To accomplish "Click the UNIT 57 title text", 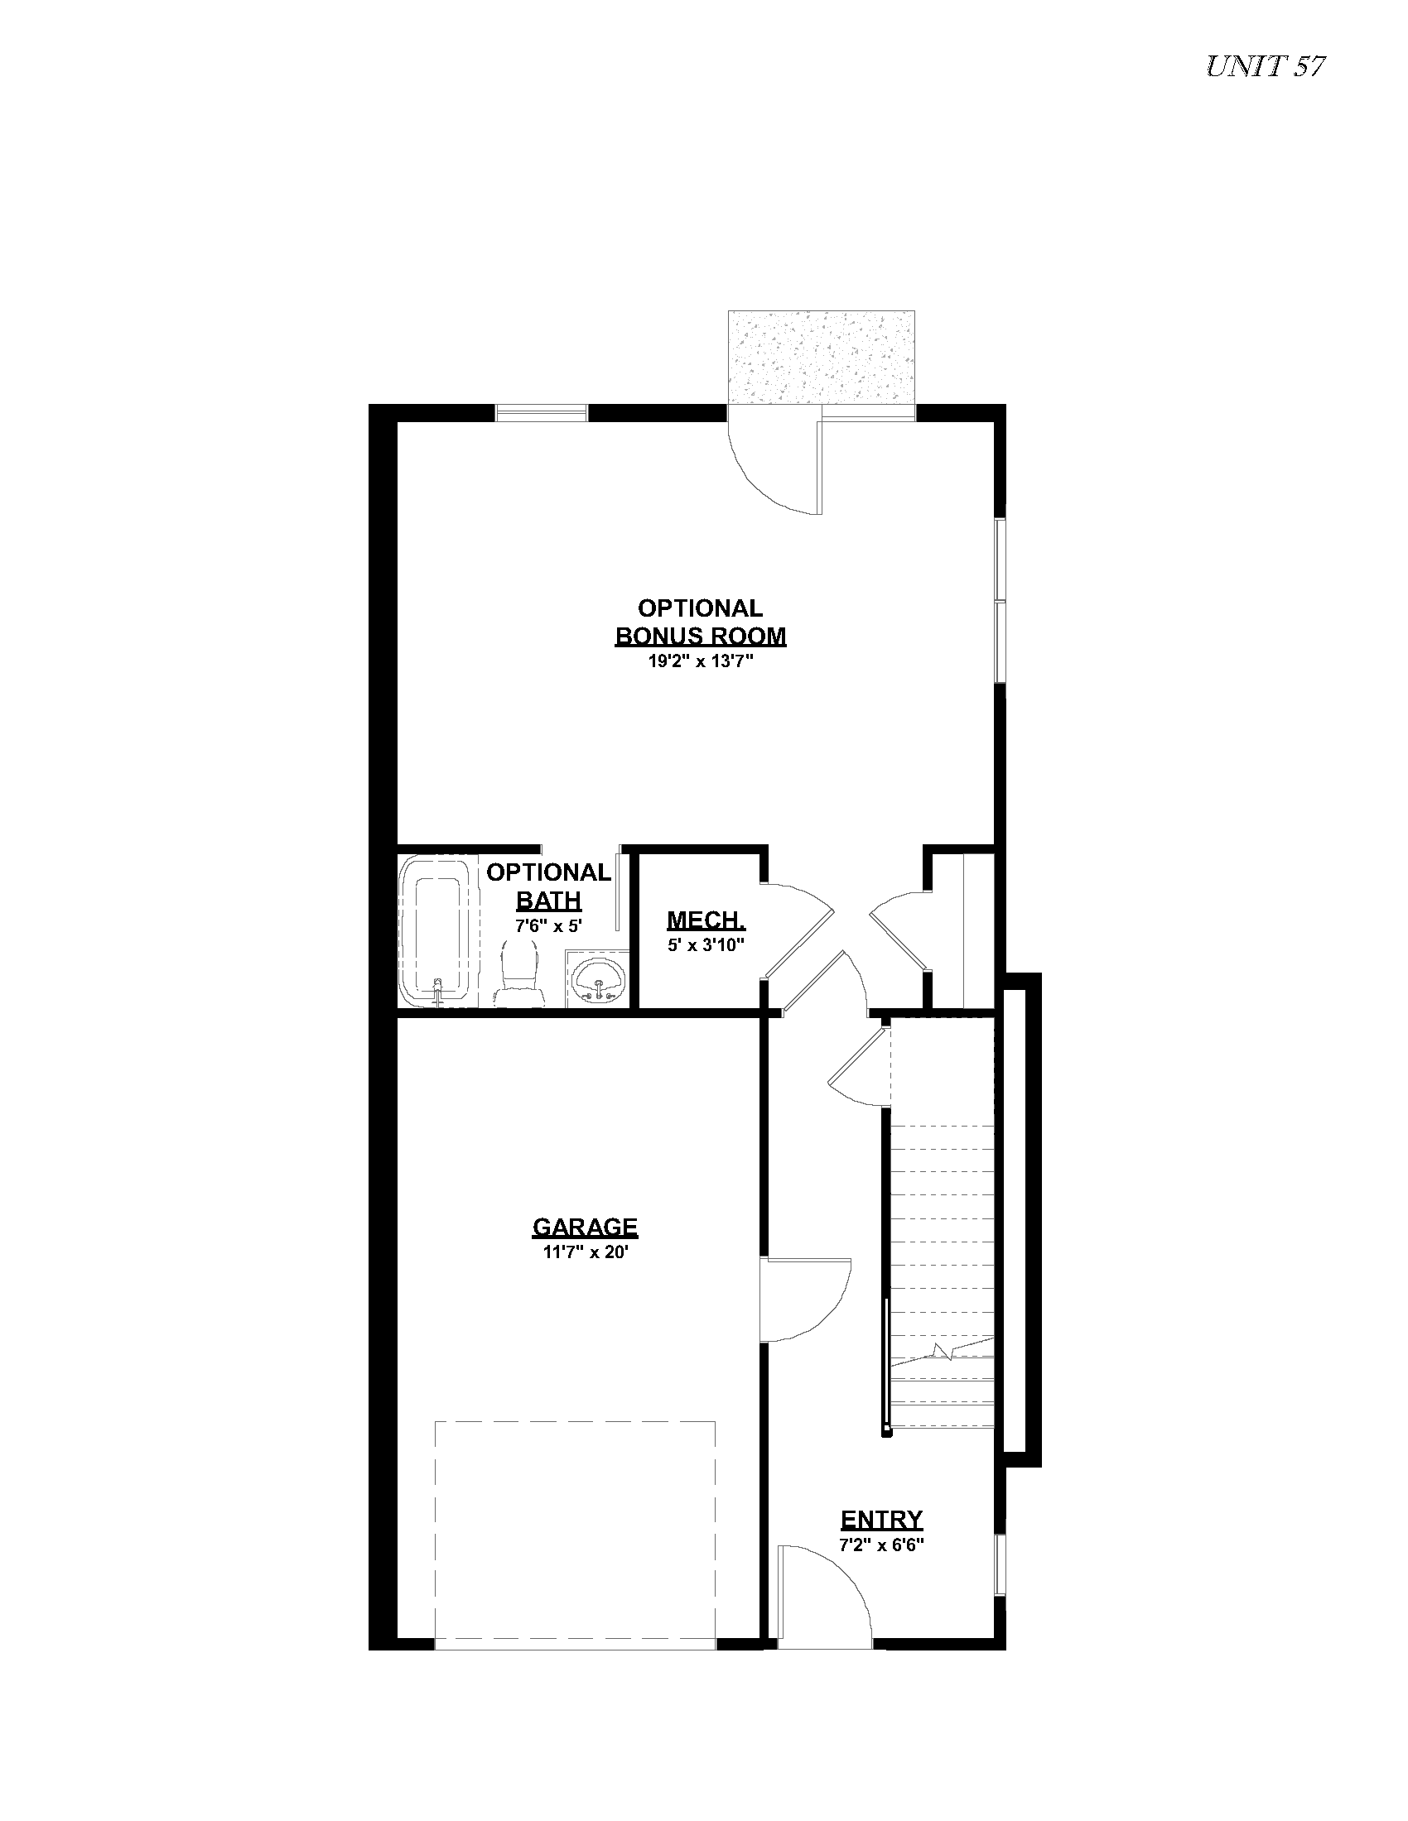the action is coord(1266,67).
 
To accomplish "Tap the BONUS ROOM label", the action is coord(701,637).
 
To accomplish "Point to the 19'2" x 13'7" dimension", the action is coord(701,662).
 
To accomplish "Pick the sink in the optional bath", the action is coord(598,979).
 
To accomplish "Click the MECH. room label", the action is coord(706,920).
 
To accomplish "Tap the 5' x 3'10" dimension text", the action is coord(706,945).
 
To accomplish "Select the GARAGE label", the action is coord(586,1227).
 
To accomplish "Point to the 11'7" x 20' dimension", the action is coord(585,1252).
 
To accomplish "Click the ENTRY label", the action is coord(882,1519).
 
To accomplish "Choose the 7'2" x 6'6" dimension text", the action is coord(882,1545).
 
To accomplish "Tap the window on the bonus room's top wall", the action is coord(542,413).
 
